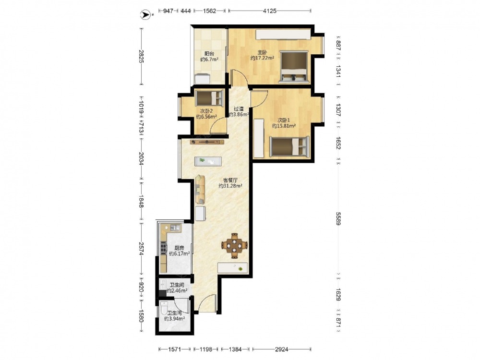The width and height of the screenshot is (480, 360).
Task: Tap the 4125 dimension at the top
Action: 270,11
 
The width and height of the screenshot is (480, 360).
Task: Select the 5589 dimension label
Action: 338,218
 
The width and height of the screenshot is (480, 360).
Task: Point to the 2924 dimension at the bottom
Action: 282,349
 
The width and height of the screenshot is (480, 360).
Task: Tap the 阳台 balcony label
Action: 209,54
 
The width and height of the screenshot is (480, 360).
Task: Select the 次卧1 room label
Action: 284,120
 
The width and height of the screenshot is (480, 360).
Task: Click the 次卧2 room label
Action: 206,111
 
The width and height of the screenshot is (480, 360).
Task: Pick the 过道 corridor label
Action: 239,108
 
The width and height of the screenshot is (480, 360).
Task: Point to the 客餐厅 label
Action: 230,180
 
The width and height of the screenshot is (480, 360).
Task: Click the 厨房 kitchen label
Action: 179,248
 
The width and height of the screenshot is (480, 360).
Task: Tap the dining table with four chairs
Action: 235,245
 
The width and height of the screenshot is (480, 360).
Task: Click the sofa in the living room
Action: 200,189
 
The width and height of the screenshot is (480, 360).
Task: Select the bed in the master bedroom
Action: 294,67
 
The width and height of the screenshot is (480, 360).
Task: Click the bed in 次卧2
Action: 209,98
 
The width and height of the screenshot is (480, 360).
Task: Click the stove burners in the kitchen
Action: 163,247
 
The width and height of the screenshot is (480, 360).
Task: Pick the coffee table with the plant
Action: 208,161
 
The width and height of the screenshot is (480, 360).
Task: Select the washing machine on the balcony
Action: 203,79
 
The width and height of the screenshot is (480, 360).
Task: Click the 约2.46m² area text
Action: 177,290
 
